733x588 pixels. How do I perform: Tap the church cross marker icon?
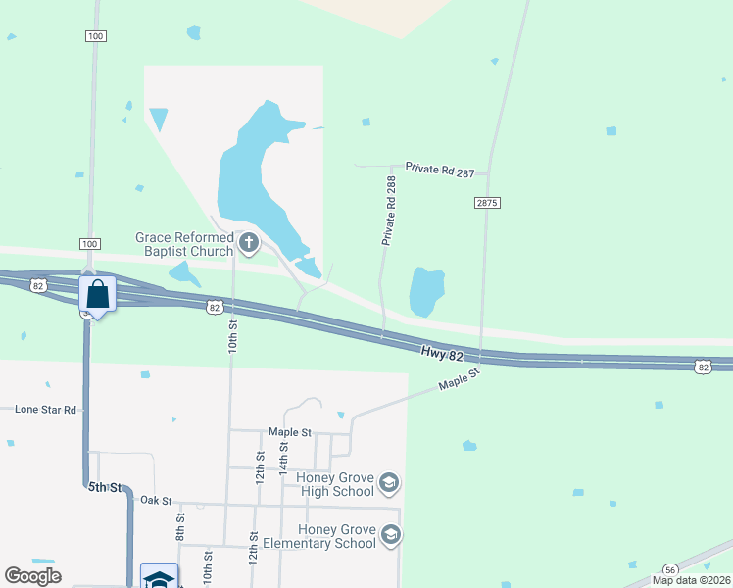coord(249,242)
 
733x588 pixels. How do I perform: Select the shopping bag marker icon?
coord(98,293)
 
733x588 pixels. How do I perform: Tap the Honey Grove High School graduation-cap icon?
coord(389,483)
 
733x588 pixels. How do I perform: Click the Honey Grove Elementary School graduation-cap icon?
coord(391,535)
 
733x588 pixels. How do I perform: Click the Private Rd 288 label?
coord(390,211)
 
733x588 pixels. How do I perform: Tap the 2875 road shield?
coord(487,202)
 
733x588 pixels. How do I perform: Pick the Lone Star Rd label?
coord(45,409)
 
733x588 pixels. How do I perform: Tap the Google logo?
coord(32,576)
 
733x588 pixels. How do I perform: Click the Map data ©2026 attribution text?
coord(691,580)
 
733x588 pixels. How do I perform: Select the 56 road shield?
coord(670,569)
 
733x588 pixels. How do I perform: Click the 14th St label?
coord(283,457)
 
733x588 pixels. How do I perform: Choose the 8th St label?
coord(180,526)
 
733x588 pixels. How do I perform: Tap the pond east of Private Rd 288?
coord(426,291)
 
